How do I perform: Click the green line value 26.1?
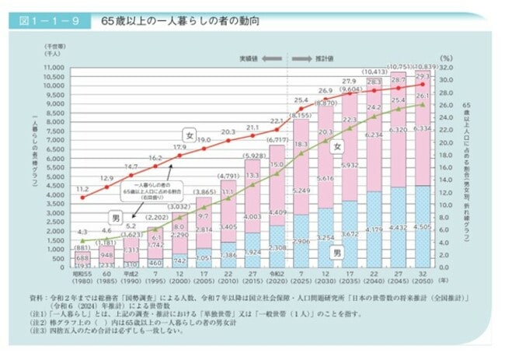(x=423, y=95)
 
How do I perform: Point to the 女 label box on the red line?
(x=189, y=134)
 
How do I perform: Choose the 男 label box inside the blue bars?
(x=339, y=253)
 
